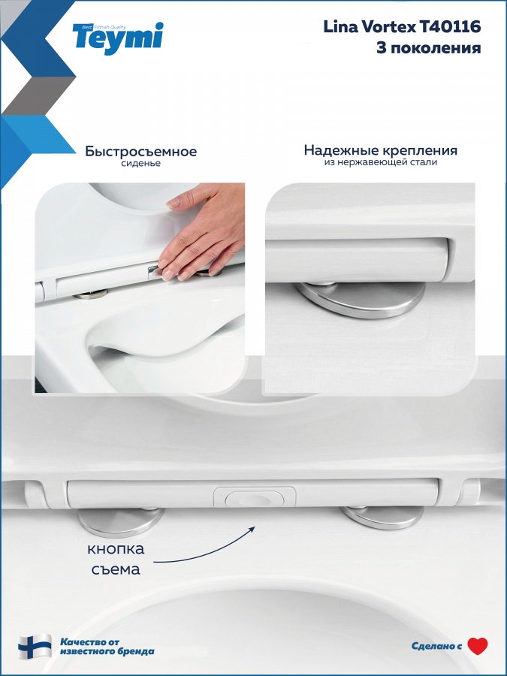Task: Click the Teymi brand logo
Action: pyautogui.click(x=118, y=38)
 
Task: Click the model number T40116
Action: pyautogui.click(x=450, y=27)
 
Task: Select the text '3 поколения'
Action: pyautogui.click(x=429, y=47)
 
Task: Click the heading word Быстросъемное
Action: pyautogui.click(x=140, y=151)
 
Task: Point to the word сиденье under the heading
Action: pyautogui.click(x=140, y=164)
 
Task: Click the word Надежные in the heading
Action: pyautogui.click(x=339, y=150)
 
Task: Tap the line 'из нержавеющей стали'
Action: pyautogui.click(x=381, y=162)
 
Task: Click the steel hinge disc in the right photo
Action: pyautogui.click(x=361, y=299)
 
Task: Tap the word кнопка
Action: pyautogui.click(x=116, y=549)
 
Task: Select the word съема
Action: pyautogui.click(x=116, y=569)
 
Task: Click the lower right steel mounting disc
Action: pyautogui.click(x=382, y=517)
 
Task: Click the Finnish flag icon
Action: pyautogui.click(x=35, y=646)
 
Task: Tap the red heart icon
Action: pyautogui.click(x=477, y=646)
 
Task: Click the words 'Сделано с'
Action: pyautogui.click(x=436, y=646)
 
